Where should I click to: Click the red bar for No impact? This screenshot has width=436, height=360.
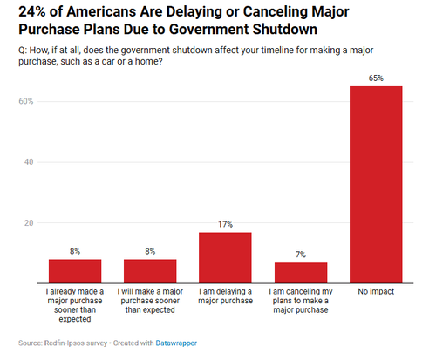click(x=376, y=185)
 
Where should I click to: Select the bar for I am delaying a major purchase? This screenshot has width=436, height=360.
click(x=225, y=258)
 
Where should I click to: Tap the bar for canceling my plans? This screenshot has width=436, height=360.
click(x=301, y=273)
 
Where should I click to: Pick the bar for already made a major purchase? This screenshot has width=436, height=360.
click(x=75, y=271)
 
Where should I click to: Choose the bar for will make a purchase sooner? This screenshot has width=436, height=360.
click(x=150, y=271)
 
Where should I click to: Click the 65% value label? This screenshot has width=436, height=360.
click(x=376, y=78)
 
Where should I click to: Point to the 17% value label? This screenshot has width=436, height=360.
click(x=225, y=224)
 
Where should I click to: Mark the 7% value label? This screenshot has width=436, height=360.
click(x=301, y=255)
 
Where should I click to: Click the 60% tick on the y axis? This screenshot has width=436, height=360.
click(x=26, y=101)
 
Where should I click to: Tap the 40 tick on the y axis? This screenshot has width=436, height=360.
click(x=29, y=162)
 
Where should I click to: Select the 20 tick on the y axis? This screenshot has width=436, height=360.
click(x=29, y=223)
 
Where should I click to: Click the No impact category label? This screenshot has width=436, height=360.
click(x=376, y=291)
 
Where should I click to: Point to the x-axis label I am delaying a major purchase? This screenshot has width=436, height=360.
click(x=225, y=296)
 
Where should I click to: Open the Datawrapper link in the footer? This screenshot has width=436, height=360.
click(x=176, y=343)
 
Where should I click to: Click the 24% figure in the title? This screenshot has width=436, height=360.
click(x=32, y=12)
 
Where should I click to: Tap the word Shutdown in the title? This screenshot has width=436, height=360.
click(x=284, y=30)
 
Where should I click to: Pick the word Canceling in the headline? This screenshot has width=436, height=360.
click(x=276, y=12)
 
